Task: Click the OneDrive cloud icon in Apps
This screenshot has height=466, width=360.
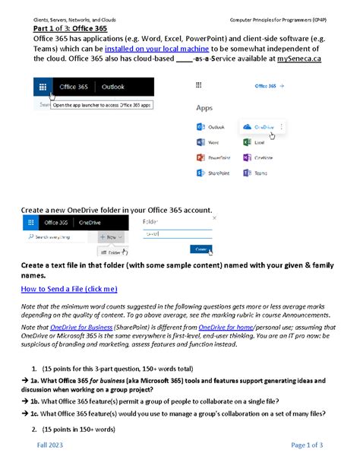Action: pos(247,127)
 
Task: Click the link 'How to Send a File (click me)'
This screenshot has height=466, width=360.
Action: pos(69,290)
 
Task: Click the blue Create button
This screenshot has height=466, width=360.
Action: pos(201,249)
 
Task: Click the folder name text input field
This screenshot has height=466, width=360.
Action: pos(177,234)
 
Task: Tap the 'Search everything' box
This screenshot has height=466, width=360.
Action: pos(55,237)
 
